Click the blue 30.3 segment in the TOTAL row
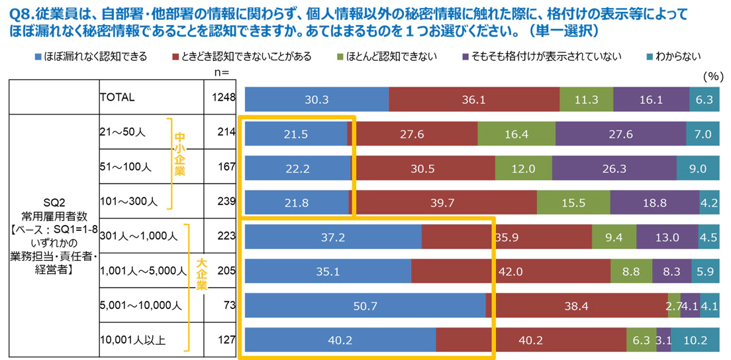317,99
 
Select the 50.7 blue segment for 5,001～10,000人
365,306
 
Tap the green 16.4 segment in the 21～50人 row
516,134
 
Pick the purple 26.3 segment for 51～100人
585,168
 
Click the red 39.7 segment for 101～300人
444,203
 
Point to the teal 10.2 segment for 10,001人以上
695,341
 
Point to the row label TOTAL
117,97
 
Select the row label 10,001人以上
132,341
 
